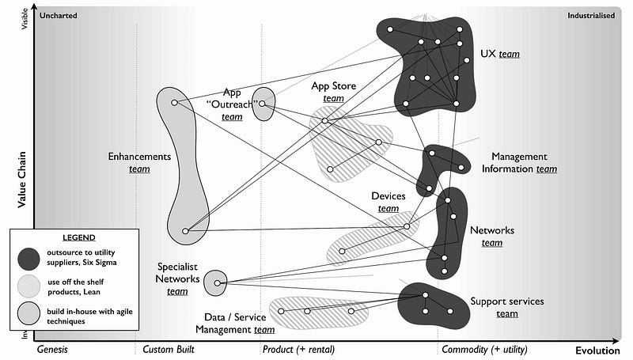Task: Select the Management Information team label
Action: pos(524,162)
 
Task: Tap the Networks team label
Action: pos(492,236)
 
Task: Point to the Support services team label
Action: pos(506,307)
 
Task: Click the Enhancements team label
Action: pos(139,162)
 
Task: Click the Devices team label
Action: pos(388,202)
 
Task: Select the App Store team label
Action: pos(333,92)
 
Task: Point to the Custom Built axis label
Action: pos(169,349)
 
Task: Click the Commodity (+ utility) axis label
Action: pos(484,349)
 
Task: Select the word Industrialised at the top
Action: pos(591,14)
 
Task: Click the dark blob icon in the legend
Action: pos(30,257)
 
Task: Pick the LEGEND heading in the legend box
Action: pos(78,237)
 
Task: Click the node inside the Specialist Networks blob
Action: pos(215,281)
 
